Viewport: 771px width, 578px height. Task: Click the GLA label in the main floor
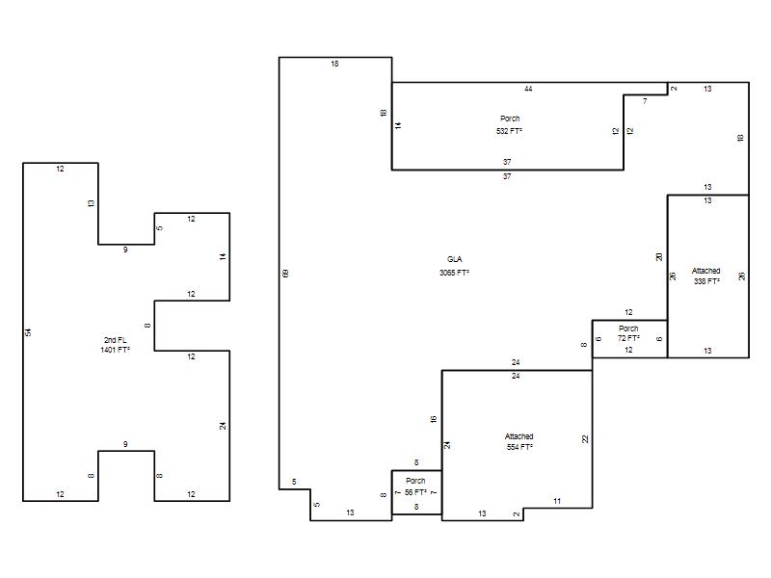click(454, 259)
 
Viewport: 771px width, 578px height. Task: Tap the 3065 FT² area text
click(454, 273)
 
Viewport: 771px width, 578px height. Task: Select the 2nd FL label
click(115, 340)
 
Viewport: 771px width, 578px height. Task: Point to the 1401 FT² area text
click(115, 350)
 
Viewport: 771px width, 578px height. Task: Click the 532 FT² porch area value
click(510, 131)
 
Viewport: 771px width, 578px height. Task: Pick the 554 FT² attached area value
click(519, 447)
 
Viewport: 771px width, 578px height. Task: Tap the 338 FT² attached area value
click(706, 281)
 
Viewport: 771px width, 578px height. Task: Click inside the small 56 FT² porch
click(416, 492)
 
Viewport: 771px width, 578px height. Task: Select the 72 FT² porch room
click(630, 339)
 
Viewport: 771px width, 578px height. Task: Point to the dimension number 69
click(285, 274)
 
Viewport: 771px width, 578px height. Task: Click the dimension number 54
click(28, 332)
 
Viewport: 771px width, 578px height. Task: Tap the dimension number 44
click(528, 89)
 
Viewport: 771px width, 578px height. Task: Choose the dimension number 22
click(585, 439)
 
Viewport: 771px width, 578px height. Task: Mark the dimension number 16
click(433, 419)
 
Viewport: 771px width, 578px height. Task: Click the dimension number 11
click(557, 501)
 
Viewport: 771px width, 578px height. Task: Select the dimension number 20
click(659, 256)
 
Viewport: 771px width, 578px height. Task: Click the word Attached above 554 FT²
click(518, 436)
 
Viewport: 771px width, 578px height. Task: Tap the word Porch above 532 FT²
click(510, 118)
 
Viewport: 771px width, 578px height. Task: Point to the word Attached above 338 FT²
click(706, 271)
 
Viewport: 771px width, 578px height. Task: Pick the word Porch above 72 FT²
click(628, 328)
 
